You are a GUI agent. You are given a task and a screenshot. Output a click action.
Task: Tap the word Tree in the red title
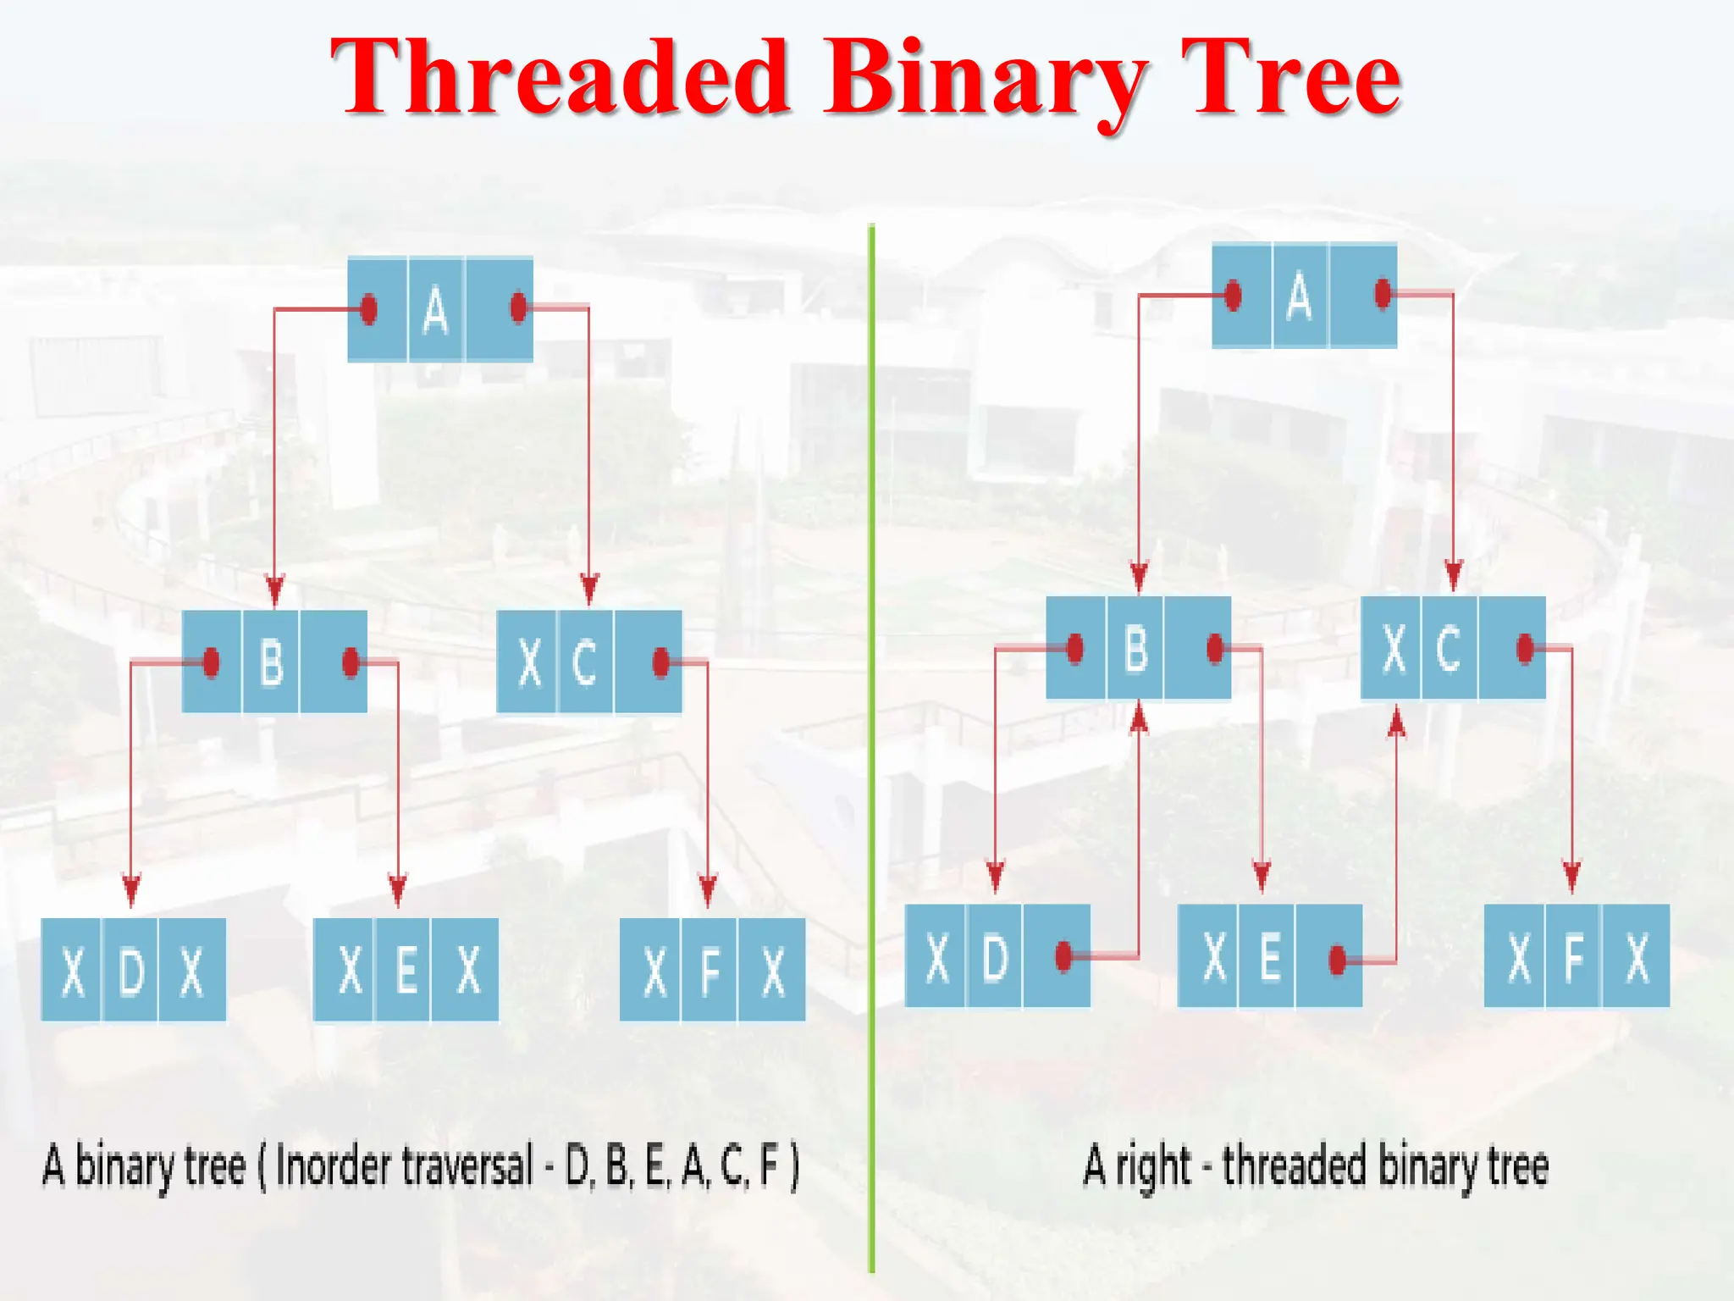pos(1290,78)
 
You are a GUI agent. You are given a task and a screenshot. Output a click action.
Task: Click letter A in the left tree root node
pos(435,310)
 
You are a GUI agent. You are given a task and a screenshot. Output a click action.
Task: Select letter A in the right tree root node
pos(1299,296)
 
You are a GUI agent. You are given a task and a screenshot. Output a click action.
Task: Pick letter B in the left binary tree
pos(271,662)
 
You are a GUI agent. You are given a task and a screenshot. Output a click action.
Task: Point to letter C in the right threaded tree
pos(1449,648)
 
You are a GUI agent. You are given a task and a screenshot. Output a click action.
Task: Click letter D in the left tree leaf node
pos(130,971)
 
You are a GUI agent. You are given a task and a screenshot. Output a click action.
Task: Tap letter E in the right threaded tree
pos(1268,957)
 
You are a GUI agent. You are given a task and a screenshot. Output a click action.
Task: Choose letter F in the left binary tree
pos(710,971)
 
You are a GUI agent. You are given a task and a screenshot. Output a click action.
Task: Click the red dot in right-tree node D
pos(1064,956)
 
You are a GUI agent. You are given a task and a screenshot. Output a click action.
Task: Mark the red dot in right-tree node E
pos(1338,960)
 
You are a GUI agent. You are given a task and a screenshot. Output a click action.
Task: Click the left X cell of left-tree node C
pos(528,662)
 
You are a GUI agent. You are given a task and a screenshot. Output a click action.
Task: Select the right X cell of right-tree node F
pos(1637,957)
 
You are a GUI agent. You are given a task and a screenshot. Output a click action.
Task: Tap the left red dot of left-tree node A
pos(368,309)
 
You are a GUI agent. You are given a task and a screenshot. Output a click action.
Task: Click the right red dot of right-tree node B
pos(1215,649)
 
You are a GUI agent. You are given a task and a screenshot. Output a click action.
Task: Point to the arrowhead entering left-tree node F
pos(708,891)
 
